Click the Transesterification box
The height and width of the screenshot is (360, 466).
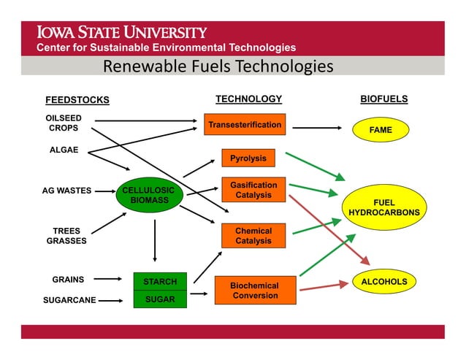pos(244,125)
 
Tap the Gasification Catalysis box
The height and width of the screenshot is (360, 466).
pos(253,190)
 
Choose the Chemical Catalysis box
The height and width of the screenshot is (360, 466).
pos(253,236)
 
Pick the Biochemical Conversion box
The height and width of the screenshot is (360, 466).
pos(255,290)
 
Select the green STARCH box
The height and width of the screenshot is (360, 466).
pos(160,281)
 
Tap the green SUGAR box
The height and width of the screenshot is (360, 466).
pos(160,299)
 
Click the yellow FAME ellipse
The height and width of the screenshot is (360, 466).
pos(381,130)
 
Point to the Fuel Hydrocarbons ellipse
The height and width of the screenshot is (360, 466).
pos(384,207)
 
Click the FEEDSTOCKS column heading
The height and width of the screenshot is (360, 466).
pos(77,100)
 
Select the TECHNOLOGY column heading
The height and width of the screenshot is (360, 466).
pos(248,99)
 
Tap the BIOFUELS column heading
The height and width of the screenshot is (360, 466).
pos(384,99)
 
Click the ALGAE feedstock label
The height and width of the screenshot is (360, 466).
pos(64,150)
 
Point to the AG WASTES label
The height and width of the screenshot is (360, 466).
pos(66,191)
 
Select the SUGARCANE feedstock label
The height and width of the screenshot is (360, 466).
pos(69,299)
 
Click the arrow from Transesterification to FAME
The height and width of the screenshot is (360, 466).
pos(316,128)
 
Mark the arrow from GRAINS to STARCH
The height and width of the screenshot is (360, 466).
pos(109,279)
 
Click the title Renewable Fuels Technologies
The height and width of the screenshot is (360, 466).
pos(218,67)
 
